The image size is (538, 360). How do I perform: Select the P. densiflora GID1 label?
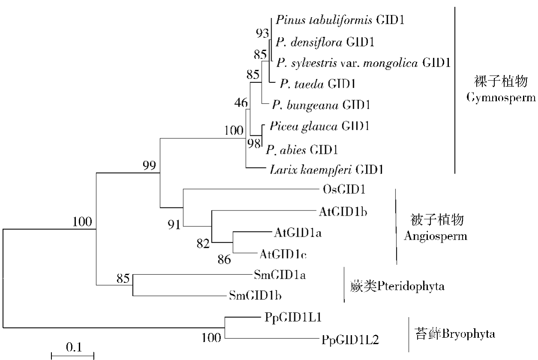(326, 42)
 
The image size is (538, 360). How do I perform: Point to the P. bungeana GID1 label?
(322, 105)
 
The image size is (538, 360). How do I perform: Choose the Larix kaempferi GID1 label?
(326, 170)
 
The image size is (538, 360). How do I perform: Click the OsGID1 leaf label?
(344, 189)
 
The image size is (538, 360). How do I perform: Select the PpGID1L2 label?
(349, 340)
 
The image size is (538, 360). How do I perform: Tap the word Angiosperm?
(435, 236)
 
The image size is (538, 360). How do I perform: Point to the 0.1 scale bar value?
(74, 347)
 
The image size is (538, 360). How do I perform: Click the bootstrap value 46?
(241, 103)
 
